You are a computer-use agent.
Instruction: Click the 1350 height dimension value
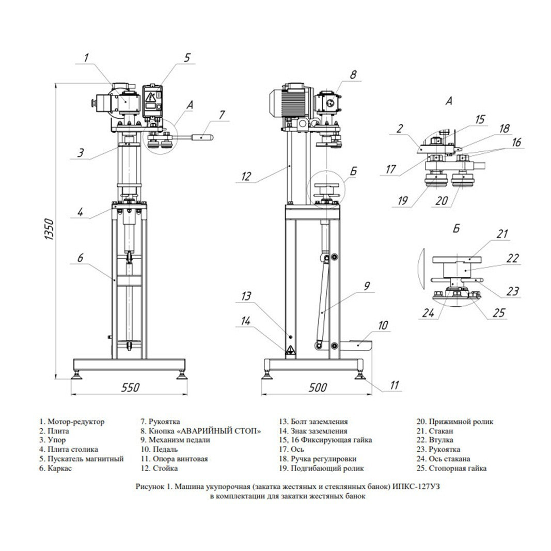click(x=49, y=229)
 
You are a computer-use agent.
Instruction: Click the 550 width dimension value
click(x=130, y=387)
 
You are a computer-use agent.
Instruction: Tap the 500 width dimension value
click(x=318, y=387)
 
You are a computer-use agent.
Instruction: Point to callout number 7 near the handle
click(x=222, y=115)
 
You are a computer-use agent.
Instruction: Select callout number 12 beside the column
click(x=246, y=176)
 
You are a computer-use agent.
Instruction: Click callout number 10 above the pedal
click(x=383, y=325)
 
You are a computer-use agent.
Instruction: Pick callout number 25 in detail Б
click(x=499, y=312)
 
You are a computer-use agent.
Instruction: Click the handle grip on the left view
click(x=202, y=137)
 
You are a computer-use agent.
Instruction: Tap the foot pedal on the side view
click(x=358, y=345)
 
